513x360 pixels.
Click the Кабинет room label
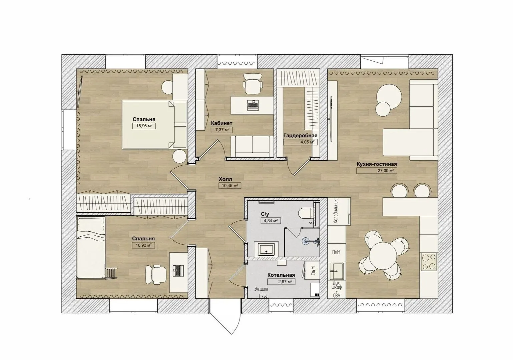click(x=221, y=123)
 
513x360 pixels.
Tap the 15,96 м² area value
click(x=144, y=126)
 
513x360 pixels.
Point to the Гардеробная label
click(x=300, y=135)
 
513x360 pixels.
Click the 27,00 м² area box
click(x=377, y=171)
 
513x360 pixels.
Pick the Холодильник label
click(x=336, y=211)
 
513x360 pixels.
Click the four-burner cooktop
click(x=429, y=262)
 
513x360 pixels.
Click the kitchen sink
click(x=337, y=271)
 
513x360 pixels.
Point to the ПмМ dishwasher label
click(x=336, y=252)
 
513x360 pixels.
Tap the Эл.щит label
click(x=261, y=289)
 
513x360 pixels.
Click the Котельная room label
click(x=281, y=275)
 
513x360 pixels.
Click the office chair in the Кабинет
click(x=252, y=83)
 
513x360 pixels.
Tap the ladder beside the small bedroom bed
click(x=111, y=273)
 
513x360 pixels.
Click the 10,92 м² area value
click(x=143, y=245)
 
